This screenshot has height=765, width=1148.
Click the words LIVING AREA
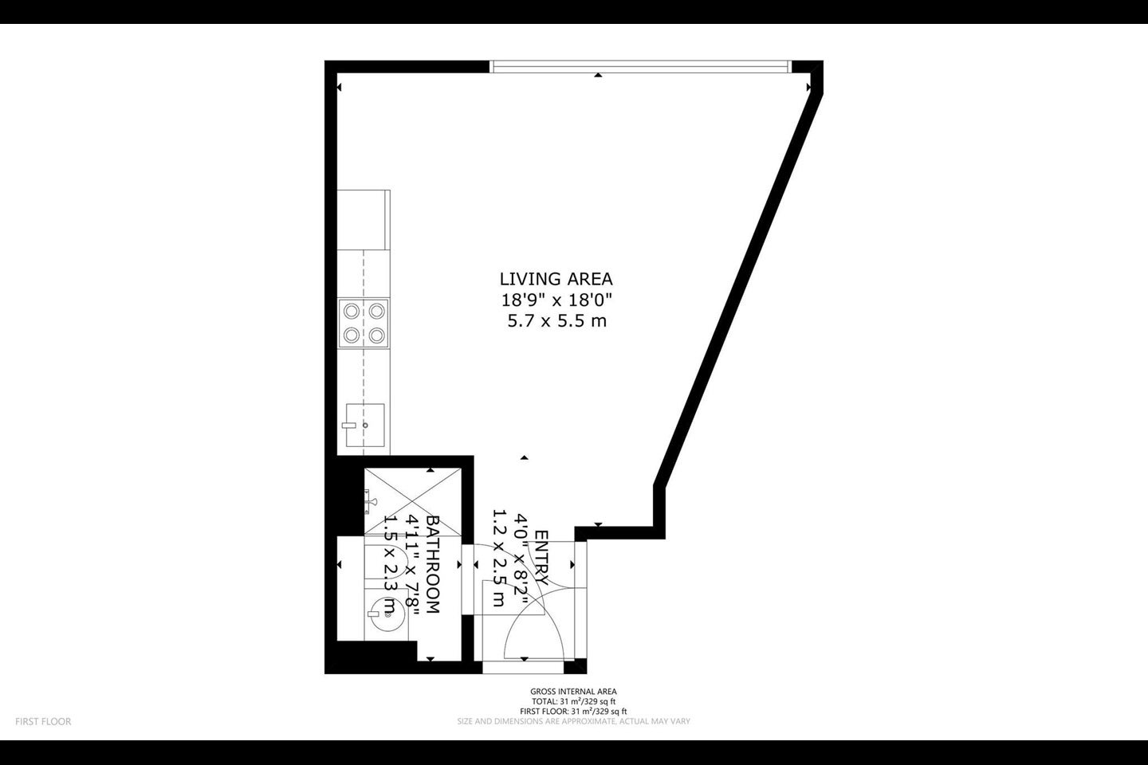coord(556,279)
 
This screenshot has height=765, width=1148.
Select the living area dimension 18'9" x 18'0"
coord(556,300)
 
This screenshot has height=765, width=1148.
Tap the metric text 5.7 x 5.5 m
coord(557,321)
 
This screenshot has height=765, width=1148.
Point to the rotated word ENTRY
coord(541,558)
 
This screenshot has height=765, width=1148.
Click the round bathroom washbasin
coord(386,614)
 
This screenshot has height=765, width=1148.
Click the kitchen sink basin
coord(365,425)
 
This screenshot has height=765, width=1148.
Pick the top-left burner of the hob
coord(352,311)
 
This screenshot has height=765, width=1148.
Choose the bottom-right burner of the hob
coord(376,335)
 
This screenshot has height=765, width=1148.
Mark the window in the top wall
coord(641,67)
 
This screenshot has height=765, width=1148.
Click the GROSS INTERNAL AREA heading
coord(573,692)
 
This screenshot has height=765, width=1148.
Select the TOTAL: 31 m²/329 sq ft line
coord(573,701)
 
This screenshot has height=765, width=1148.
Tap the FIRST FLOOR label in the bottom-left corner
coord(43,721)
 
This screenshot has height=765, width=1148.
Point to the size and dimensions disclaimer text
coord(573,721)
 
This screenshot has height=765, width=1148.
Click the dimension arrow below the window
coord(598,76)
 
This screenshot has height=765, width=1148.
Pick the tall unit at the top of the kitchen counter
coord(364,220)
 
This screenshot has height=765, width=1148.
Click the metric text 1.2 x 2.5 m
coord(498,558)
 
